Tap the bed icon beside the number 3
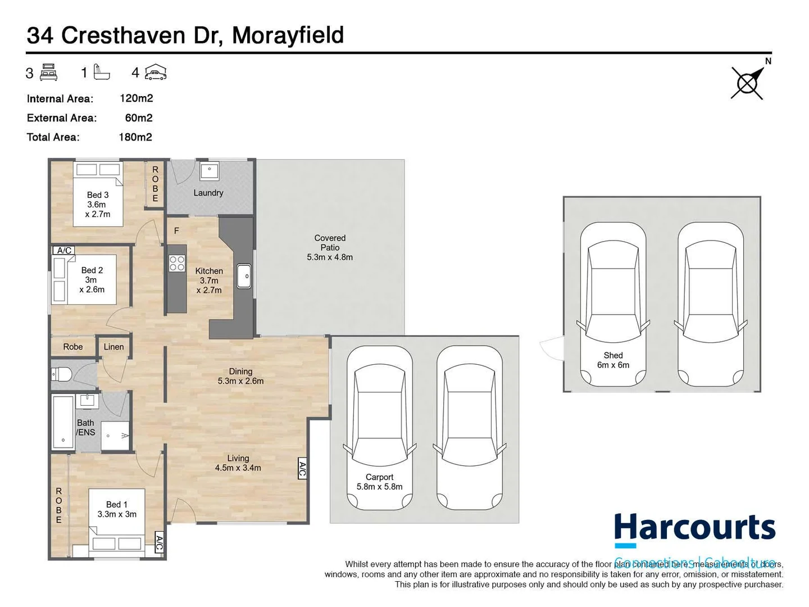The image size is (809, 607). [x=49, y=73]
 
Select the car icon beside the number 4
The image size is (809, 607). [x=156, y=73]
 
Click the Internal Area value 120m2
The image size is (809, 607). [x=136, y=98]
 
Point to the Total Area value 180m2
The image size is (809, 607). [x=135, y=137]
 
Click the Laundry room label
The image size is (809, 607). [x=208, y=193]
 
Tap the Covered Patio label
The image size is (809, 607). [x=330, y=247]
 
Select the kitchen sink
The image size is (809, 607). [x=244, y=276]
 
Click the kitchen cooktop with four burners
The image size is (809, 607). [x=177, y=264]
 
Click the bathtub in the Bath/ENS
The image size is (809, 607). [x=63, y=422]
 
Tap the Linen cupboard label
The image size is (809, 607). [x=113, y=347]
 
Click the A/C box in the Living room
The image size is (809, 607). [x=302, y=469]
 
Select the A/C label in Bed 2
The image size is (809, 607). [x=63, y=251]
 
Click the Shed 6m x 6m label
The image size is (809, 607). [x=613, y=360]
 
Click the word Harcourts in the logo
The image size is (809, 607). [x=694, y=528]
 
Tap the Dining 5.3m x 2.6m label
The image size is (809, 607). [x=240, y=376]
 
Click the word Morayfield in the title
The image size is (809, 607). [x=288, y=35]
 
